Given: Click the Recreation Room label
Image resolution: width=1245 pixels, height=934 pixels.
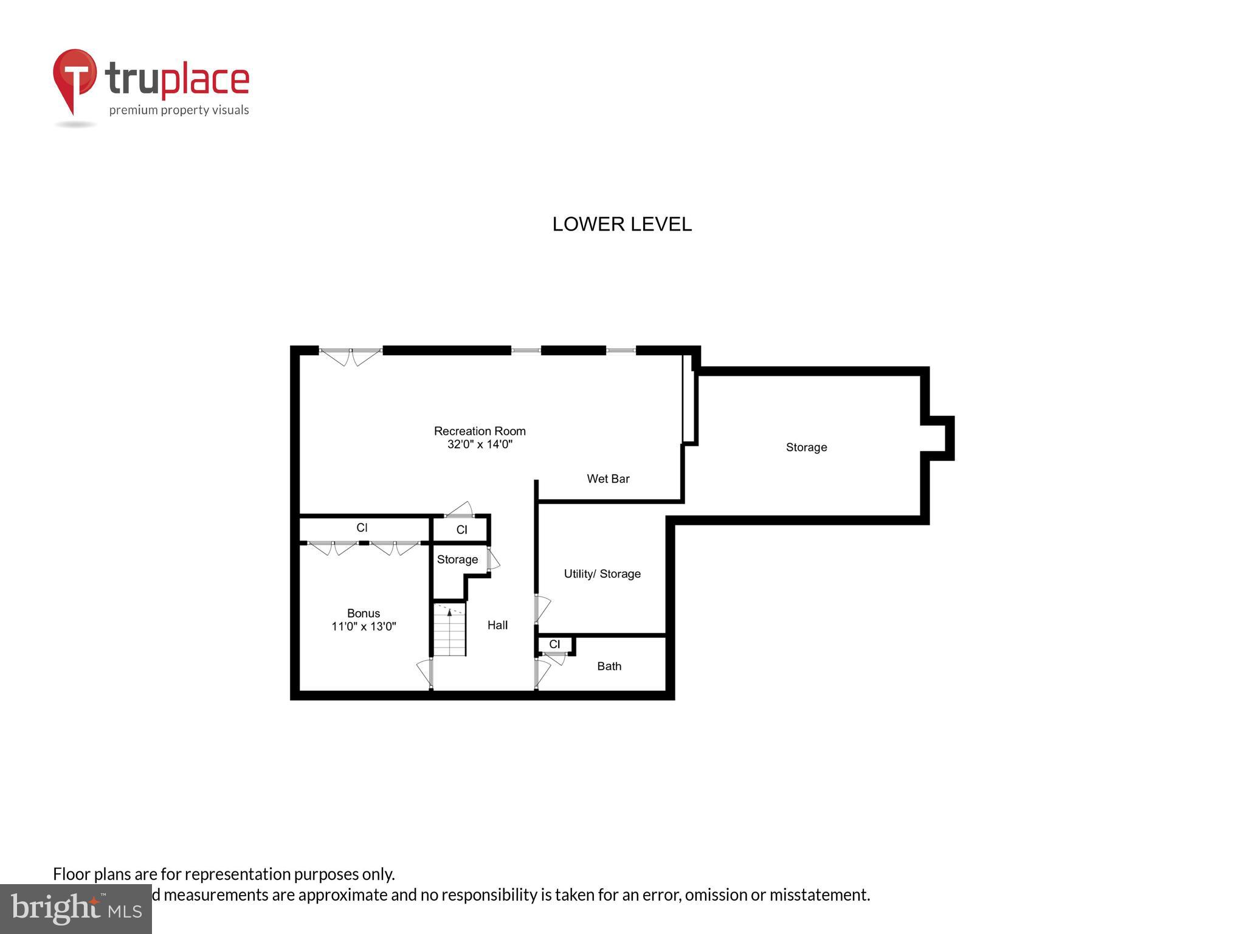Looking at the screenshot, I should coord(480,431).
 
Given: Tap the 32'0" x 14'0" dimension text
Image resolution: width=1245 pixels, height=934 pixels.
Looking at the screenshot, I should coord(480,445).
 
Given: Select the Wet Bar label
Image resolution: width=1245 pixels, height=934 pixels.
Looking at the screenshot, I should coord(608,479).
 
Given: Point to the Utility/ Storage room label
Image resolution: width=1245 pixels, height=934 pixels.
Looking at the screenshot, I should coord(602,574).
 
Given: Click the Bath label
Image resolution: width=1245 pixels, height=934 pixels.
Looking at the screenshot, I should coord(609,666).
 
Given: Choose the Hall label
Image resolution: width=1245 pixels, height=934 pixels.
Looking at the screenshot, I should coord(497,625).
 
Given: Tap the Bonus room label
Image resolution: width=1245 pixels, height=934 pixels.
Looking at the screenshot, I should coord(364,614).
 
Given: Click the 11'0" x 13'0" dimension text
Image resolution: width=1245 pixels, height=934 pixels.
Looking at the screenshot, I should coord(364,627).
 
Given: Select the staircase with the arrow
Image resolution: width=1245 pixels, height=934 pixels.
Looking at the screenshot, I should coord(449,629).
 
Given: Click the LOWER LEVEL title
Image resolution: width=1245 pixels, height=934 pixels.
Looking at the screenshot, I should coord(622,224).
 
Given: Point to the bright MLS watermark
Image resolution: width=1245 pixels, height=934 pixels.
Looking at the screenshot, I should coord(76,909).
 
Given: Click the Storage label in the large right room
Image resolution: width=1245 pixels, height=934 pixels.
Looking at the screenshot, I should coord(806,448).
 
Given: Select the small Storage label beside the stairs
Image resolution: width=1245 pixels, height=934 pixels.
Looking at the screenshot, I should coord(457,560).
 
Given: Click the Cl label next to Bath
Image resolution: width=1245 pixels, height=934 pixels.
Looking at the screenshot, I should coord(554,645).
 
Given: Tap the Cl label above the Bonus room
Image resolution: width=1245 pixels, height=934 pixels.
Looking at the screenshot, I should coord(362,528).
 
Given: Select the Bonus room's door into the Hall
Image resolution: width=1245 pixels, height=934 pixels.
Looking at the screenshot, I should coord(426,673).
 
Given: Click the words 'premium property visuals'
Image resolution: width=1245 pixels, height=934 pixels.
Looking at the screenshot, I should coord(179,110).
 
